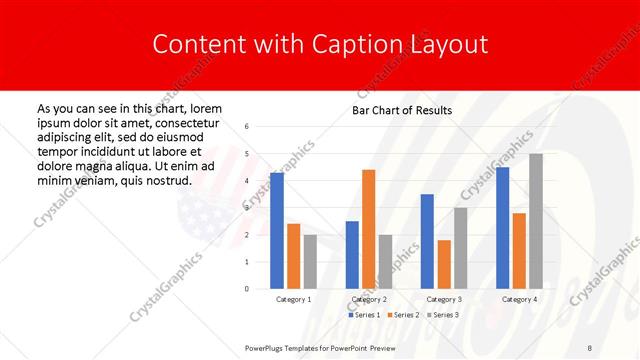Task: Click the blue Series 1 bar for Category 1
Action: pyautogui.click(x=277, y=231)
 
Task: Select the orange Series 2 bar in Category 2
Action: pyautogui.click(x=368, y=229)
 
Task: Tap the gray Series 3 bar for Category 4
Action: pyautogui.click(x=536, y=221)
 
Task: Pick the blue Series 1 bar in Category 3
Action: pyautogui.click(x=427, y=241)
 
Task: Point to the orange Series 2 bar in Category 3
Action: pyautogui.click(x=444, y=264)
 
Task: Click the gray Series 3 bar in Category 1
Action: pyautogui.click(x=310, y=262)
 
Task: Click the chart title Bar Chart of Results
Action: pyautogui.click(x=402, y=110)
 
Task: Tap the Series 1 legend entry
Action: pyautogui.click(x=364, y=315)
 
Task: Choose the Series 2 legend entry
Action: pyautogui.click(x=403, y=315)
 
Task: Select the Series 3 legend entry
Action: pyautogui.click(x=442, y=315)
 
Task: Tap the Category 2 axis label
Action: pyautogui.click(x=369, y=299)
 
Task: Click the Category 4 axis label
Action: pyautogui.click(x=519, y=299)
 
